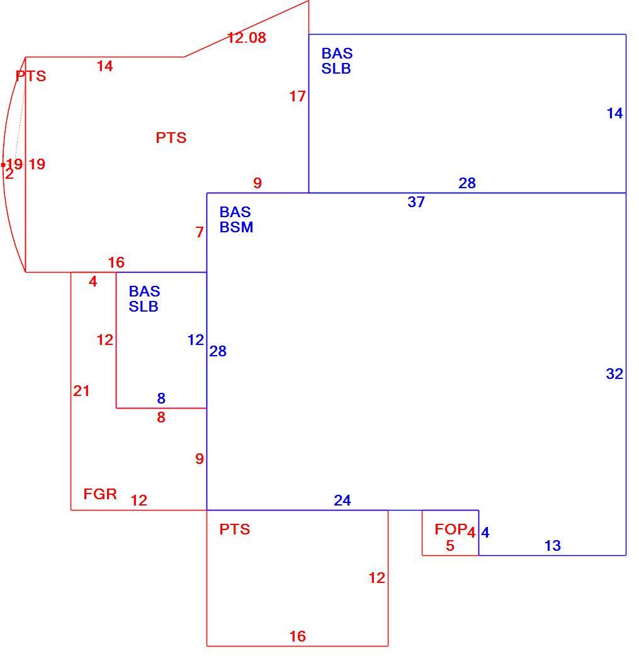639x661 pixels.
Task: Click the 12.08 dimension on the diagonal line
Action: click(x=247, y=38)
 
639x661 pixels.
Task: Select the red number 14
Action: click(x=105, y=66)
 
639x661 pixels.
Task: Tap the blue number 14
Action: click(x=614, y=113)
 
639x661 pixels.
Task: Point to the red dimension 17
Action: click(x=297, y=96)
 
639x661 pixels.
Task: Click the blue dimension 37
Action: click(x=416, y=202)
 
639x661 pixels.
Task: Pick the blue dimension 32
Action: click(x=614, y=374)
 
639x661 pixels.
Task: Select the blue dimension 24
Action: click(x=342, y=500)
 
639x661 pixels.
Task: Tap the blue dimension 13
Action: click(x=553, y=546)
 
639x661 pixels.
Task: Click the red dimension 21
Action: click(x=81, y=391)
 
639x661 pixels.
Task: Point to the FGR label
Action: click(x=100, y=494)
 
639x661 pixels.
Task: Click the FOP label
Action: click(x=451, y=529)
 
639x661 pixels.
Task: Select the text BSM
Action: click(x=236, y=227)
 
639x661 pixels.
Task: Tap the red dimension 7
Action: click(x=200, y=232)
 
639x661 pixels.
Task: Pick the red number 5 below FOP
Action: click(x=450, y=546)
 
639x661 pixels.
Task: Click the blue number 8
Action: click(x=161, y=398)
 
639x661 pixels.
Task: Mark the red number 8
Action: click(x=161, y=417)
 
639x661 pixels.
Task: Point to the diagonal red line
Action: click(x=247, y=29)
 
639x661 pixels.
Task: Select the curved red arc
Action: click(x=3, y=164)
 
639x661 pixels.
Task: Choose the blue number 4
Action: click(x=485, y=533)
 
